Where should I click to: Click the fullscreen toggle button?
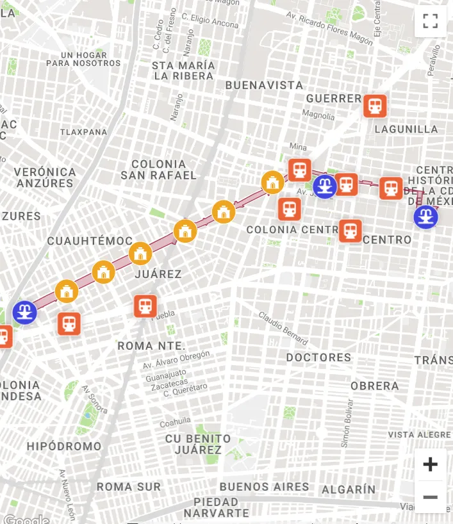pos(431,21)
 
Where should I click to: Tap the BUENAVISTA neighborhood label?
pos(264,85)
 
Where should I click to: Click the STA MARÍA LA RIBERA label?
pos(183,70)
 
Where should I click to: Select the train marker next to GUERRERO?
pos(375,106)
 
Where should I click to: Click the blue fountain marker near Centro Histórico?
pos(425,217)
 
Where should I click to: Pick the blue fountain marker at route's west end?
pos(24,313)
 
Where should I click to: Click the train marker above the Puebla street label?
pos(145,306)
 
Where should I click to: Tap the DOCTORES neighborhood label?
pos(318,357)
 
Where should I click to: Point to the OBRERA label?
pos(374,386)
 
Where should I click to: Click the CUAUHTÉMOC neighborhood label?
pos(81,242)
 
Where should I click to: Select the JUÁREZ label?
pos(158,274)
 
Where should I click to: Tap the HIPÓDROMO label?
pos(64,446)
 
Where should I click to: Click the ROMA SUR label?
pos(129,487)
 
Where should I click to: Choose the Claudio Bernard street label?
pos(283,328)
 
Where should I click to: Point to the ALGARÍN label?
pos(349,489)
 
